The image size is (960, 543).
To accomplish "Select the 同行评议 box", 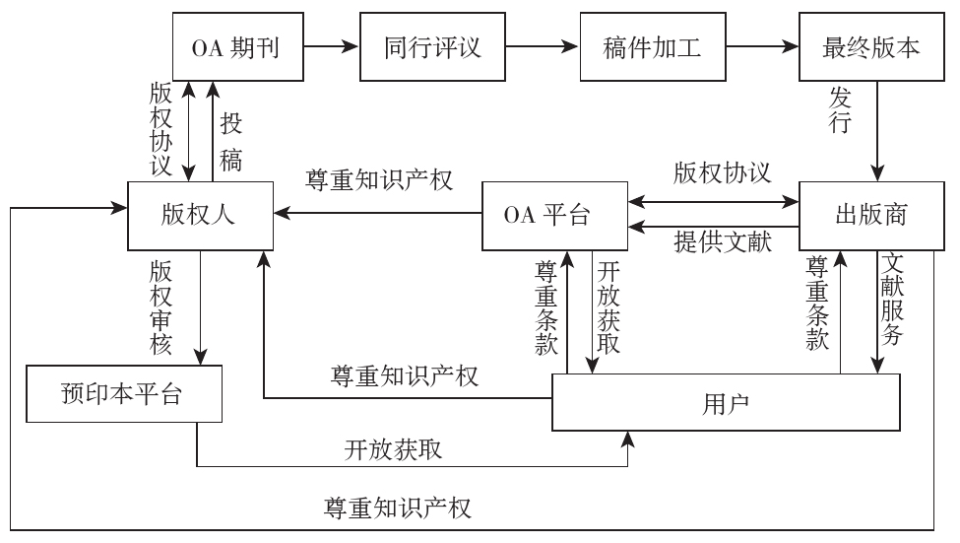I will click(433, 47).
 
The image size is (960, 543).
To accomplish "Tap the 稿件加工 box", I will click(652, 47).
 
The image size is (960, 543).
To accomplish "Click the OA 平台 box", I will click(554, 216).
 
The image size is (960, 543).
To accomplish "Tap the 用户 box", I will click(726, 401).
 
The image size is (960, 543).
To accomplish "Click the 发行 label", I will click(840, 111).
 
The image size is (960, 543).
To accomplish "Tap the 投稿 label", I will click(231, 141).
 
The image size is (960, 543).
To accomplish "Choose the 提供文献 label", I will click(723, 241).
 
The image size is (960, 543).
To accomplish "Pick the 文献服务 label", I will click(893, 305).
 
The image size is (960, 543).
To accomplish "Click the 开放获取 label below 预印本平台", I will click(393, 449).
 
